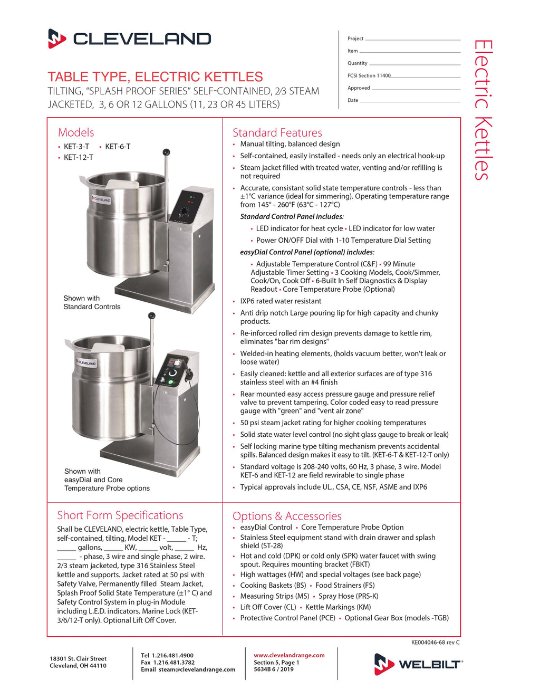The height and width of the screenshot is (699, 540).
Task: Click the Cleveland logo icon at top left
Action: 57,39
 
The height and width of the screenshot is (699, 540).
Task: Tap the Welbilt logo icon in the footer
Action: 384,664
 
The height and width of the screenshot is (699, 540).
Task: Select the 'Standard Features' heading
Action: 277,132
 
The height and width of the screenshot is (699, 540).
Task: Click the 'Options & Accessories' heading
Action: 287,516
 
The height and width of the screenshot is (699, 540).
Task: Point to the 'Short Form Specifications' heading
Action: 120,515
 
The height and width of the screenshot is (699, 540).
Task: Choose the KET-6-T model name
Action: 118,147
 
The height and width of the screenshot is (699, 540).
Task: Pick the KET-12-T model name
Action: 78,157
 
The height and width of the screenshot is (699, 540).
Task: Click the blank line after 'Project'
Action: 412,39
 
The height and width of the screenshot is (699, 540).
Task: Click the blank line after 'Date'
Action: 410,101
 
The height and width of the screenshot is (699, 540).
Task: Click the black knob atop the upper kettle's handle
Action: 166,152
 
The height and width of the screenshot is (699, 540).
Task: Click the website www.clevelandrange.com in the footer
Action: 289,655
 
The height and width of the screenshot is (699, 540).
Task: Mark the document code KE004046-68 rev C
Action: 435,643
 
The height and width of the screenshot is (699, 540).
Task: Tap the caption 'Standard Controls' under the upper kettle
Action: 92,307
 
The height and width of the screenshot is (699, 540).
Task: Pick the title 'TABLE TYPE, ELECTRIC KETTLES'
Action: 155,76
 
